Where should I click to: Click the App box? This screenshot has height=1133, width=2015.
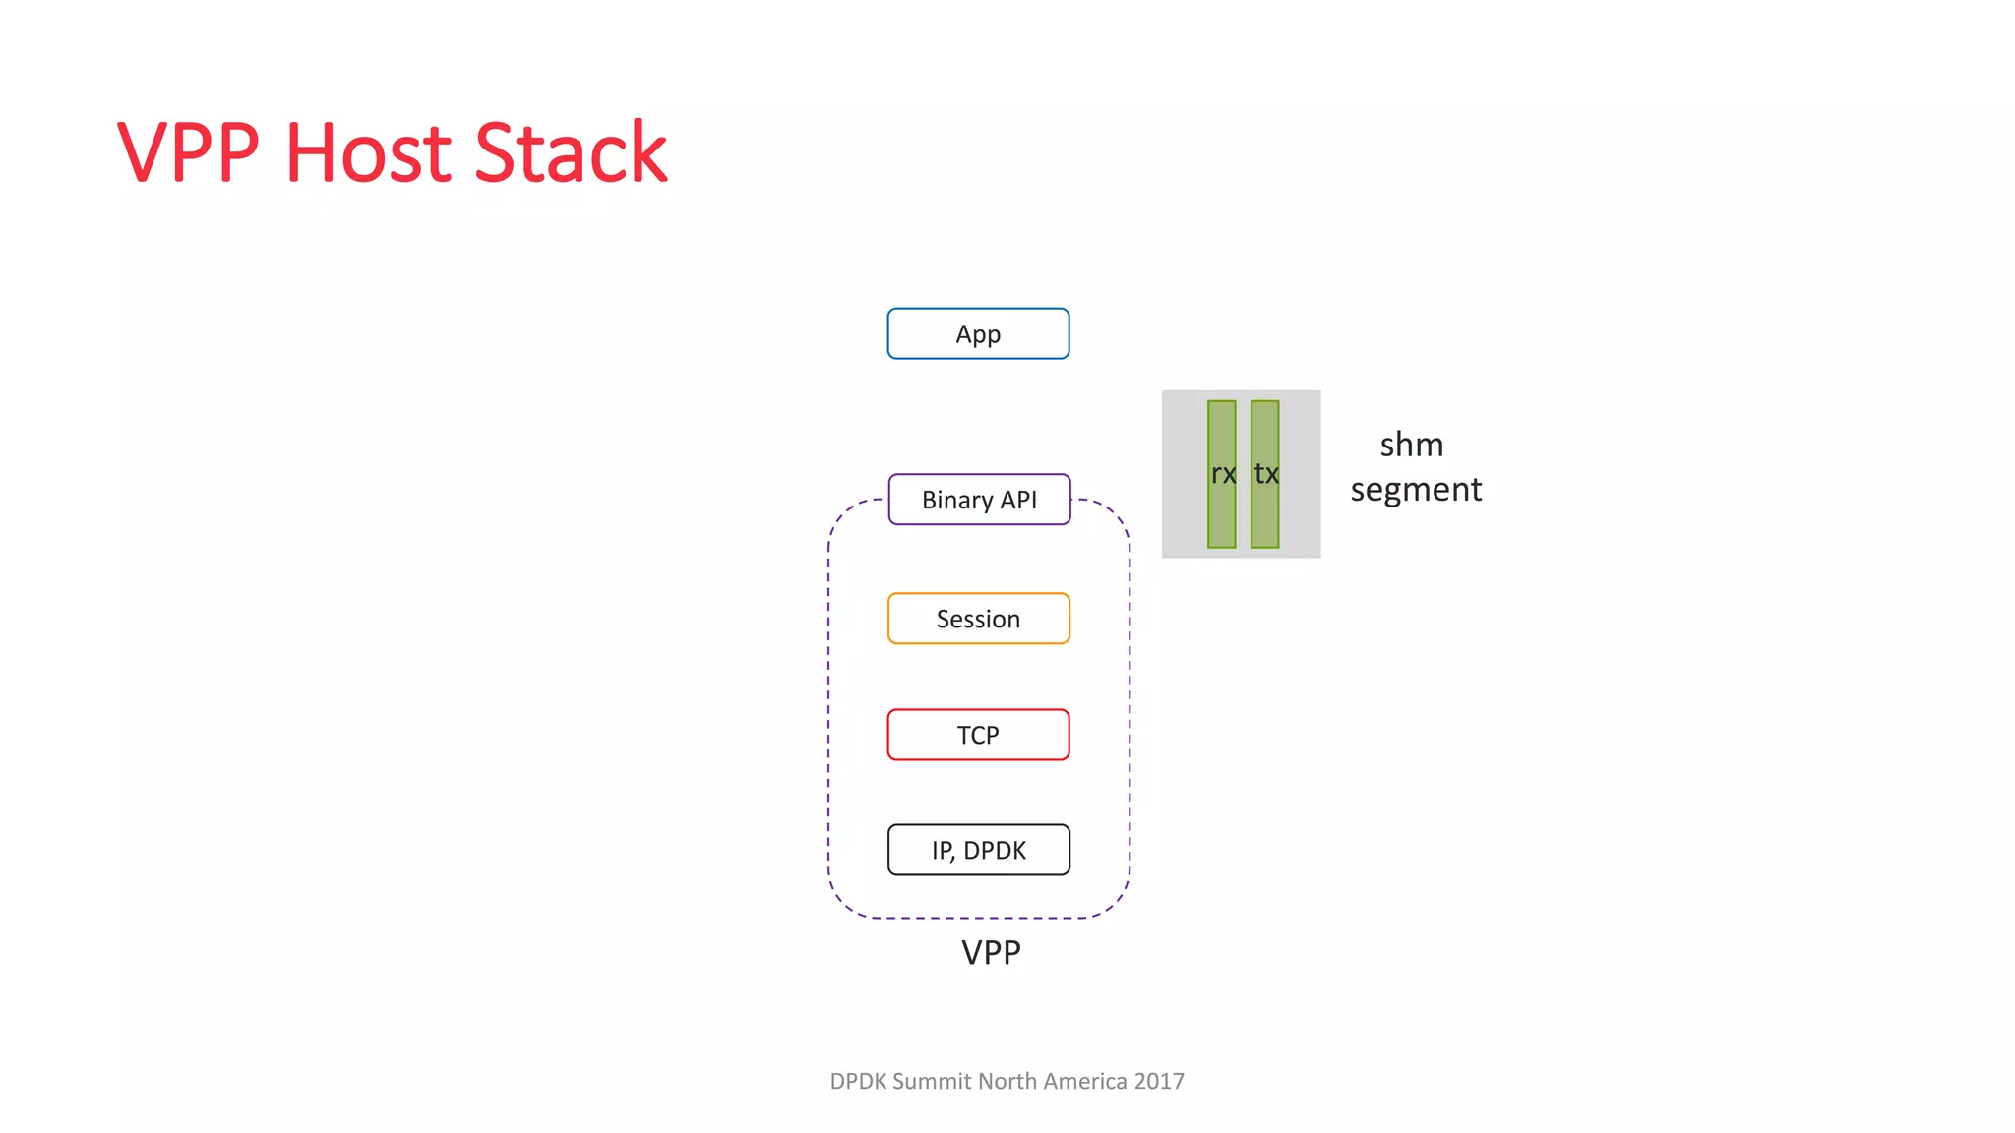tap(978, 334)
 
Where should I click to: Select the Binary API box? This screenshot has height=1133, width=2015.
tap(979, 500)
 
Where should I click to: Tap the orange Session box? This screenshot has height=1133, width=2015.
tap(978, 619)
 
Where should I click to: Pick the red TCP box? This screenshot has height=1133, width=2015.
tap(978, 735)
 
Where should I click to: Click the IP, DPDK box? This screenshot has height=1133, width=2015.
tap(978, 850)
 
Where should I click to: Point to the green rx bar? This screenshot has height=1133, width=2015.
tap(1221, 474)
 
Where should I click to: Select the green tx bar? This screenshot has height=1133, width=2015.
tap(1265, 474)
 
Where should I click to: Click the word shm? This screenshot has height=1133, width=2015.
tap(1411, 445)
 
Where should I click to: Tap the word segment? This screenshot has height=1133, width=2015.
tap(1416, 490)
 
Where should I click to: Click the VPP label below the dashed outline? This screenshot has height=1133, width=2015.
tap(991, 952)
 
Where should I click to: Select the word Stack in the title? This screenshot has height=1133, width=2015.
tap(571, 152)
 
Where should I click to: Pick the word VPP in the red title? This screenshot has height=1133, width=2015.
tap(188, 152)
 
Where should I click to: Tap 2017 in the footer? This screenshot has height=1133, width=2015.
tap(1158, 1081)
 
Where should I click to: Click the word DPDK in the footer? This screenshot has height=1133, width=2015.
tap(858, 1081)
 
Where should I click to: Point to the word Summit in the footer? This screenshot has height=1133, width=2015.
tap(932, 1081)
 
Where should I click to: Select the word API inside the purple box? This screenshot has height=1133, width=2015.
tap(1018, 500)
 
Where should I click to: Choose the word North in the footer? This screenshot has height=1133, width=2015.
tap(1007, 1081)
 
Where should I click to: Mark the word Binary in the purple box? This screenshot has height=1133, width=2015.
tap(956, 500)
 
